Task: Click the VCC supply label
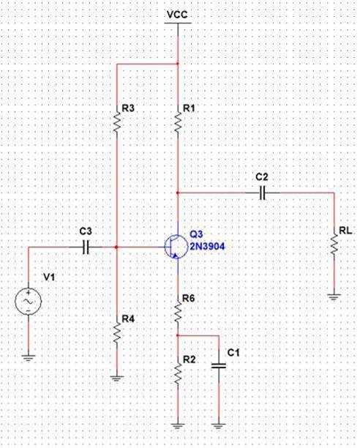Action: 177,14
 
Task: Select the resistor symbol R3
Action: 117,121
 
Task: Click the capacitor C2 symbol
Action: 264,193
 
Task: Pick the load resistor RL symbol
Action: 334,246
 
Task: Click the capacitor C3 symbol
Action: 86,247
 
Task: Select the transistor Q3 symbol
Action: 174,247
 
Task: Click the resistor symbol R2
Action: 178,373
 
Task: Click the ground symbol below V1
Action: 28,357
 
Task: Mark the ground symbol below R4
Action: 117,377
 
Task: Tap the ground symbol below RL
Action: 334,296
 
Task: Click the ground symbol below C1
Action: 218,424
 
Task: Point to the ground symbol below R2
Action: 178,424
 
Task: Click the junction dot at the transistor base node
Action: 117,247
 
